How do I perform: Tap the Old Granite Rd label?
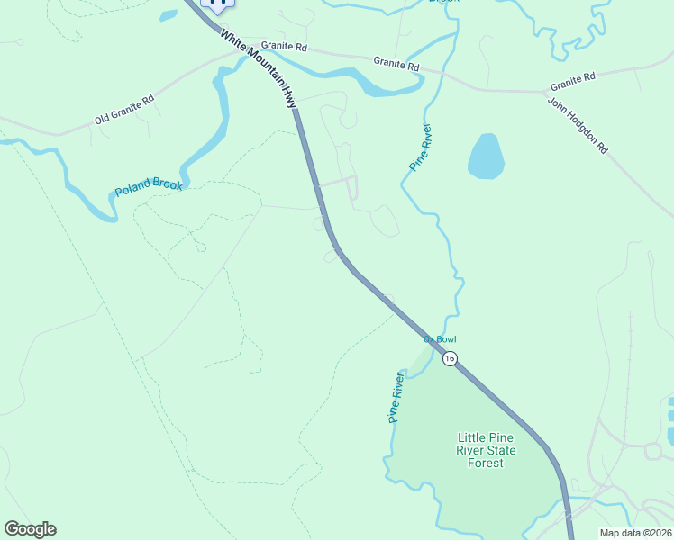pos(124,109)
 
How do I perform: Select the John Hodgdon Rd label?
pos(577,126)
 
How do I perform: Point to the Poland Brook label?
pos(149,188)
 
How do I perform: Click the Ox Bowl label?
pos(441,339)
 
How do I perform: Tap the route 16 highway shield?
pos(450,358)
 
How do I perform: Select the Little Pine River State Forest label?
pos(486,450)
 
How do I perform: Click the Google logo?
pos(30,529)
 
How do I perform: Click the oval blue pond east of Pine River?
pos(486,157)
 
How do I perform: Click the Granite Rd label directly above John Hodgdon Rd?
pos(573,78)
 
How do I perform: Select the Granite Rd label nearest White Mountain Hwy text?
pos(284,45)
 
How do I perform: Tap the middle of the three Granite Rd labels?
pos(396,63)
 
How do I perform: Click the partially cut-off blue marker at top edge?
pos(216,4)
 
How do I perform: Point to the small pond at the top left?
pos(168,15)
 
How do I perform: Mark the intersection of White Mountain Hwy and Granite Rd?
pos(245,53)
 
